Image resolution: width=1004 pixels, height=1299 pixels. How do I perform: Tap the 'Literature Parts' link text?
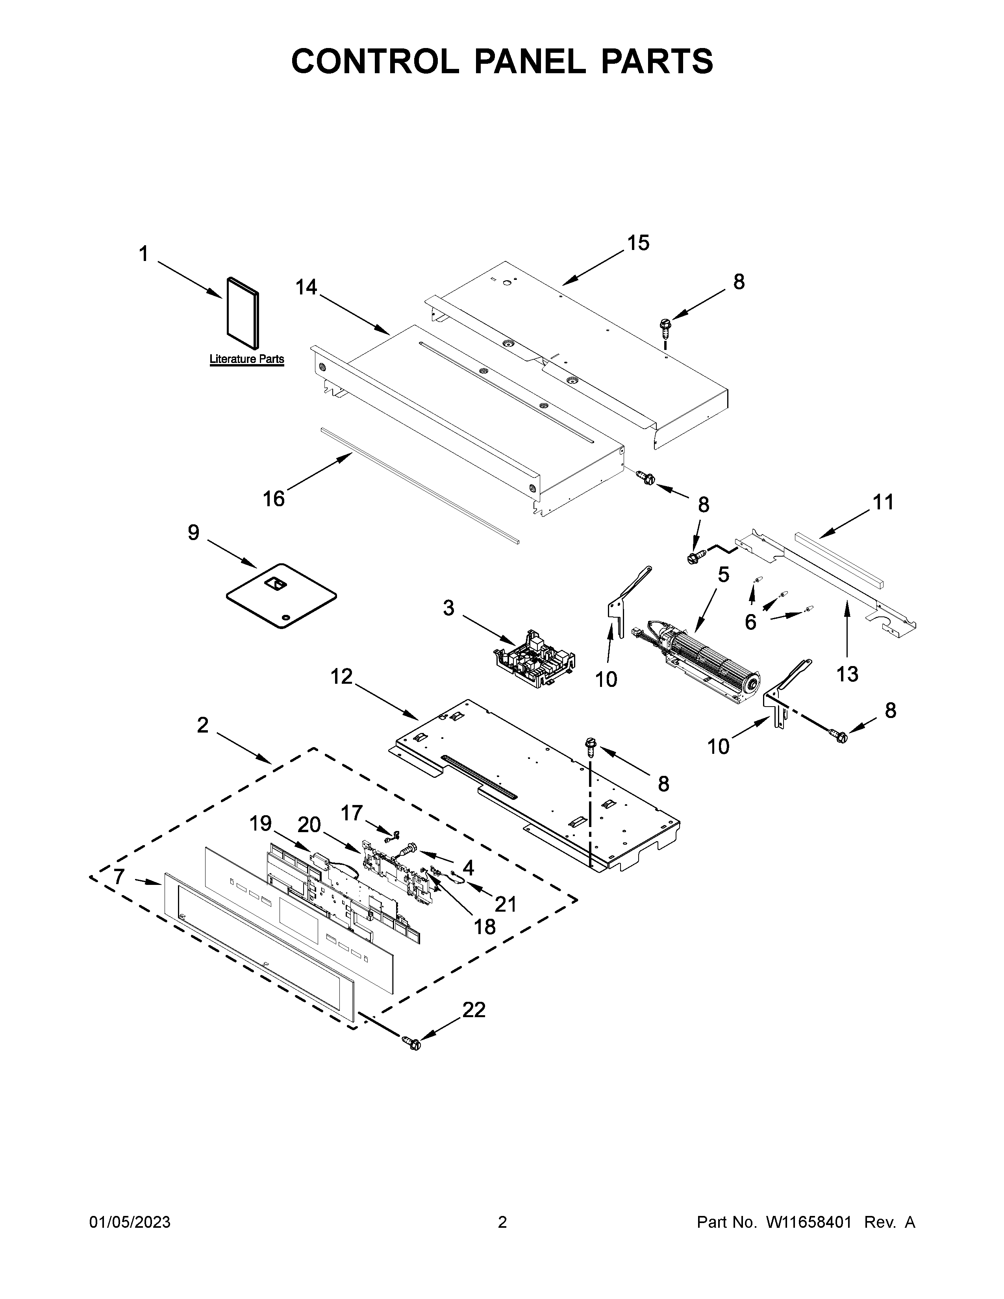click(x=246, y=359)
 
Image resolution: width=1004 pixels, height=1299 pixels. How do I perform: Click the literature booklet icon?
click(x=243, y=313)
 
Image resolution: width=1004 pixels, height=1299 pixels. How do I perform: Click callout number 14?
click(x=306, y=287)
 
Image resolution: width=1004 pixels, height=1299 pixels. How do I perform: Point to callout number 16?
click(x=274, y=498)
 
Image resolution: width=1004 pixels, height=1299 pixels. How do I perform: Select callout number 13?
click(x=847, y=674)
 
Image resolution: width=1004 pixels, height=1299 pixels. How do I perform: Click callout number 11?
click(x=883, y=503)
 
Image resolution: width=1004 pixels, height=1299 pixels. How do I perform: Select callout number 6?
click(x=750, y=622)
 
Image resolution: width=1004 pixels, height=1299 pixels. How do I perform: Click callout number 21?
click(x=506, y=904)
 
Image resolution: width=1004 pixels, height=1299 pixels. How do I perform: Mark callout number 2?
click(x=203, y=725)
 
